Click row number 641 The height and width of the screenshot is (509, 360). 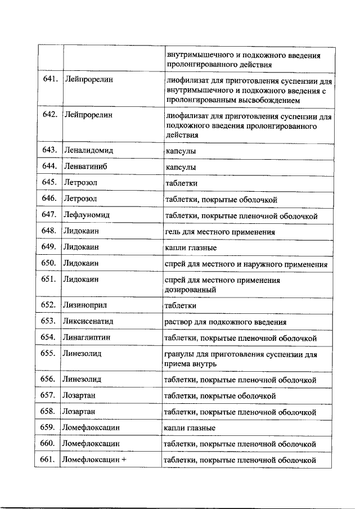pyautogui.click(x=51, y=79)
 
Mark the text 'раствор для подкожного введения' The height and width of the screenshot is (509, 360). pyautogui.click(x=225, y=322)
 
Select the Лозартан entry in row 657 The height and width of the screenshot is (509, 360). pyautogui.click(x=79, y=395)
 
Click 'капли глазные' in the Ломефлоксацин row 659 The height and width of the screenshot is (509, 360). pyautogui.click(x=190, y=427)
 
